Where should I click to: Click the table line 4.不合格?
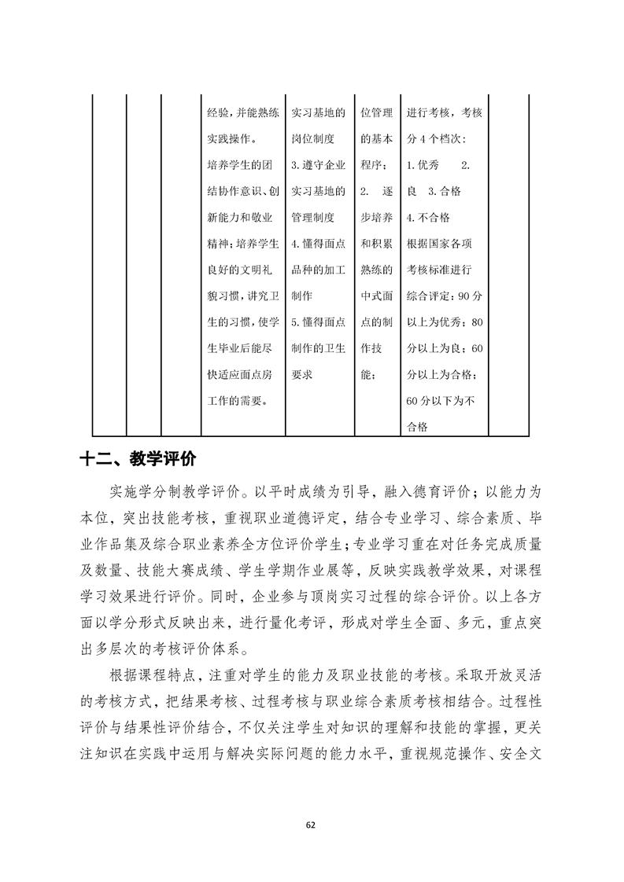pyautogui.click(x=428, y=217)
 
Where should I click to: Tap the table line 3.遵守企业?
pyautogui.click(x=318, y=164)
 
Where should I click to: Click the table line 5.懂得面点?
pyautogui.click(x=318, y=322)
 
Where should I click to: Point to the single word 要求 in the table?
pyautogui.click(x=302, y=375)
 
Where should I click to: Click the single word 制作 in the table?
pyautogui.click(x=302, y=296)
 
